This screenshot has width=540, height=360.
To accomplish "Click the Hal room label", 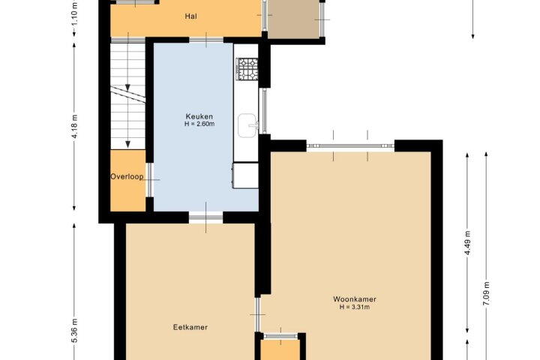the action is pos(190,16).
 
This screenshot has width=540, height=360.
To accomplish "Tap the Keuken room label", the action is pos(199,116).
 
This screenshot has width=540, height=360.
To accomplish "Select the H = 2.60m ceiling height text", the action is pos(199,124).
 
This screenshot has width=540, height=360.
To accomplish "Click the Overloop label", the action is pos(127,177).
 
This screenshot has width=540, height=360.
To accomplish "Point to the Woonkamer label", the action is pos(354,299).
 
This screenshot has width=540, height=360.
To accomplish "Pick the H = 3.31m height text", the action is pos(354,307).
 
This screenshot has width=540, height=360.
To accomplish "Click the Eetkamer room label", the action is pos(190,327).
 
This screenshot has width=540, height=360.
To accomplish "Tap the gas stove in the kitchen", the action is pos(247,69).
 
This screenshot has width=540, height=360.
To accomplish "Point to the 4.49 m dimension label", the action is pos(468,242).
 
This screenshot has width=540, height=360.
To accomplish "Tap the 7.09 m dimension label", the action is pos(487,293).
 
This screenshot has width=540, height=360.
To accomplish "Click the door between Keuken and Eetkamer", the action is pos(206,217).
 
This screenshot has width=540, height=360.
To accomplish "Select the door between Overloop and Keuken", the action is pos(150,179).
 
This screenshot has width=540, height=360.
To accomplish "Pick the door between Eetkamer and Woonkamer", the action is pos(257,315).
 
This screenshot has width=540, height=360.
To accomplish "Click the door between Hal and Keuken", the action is pos(206,40).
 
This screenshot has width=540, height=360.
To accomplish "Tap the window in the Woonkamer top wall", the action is pos(350,146).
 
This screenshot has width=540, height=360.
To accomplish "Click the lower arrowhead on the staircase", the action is pos(127,144).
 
